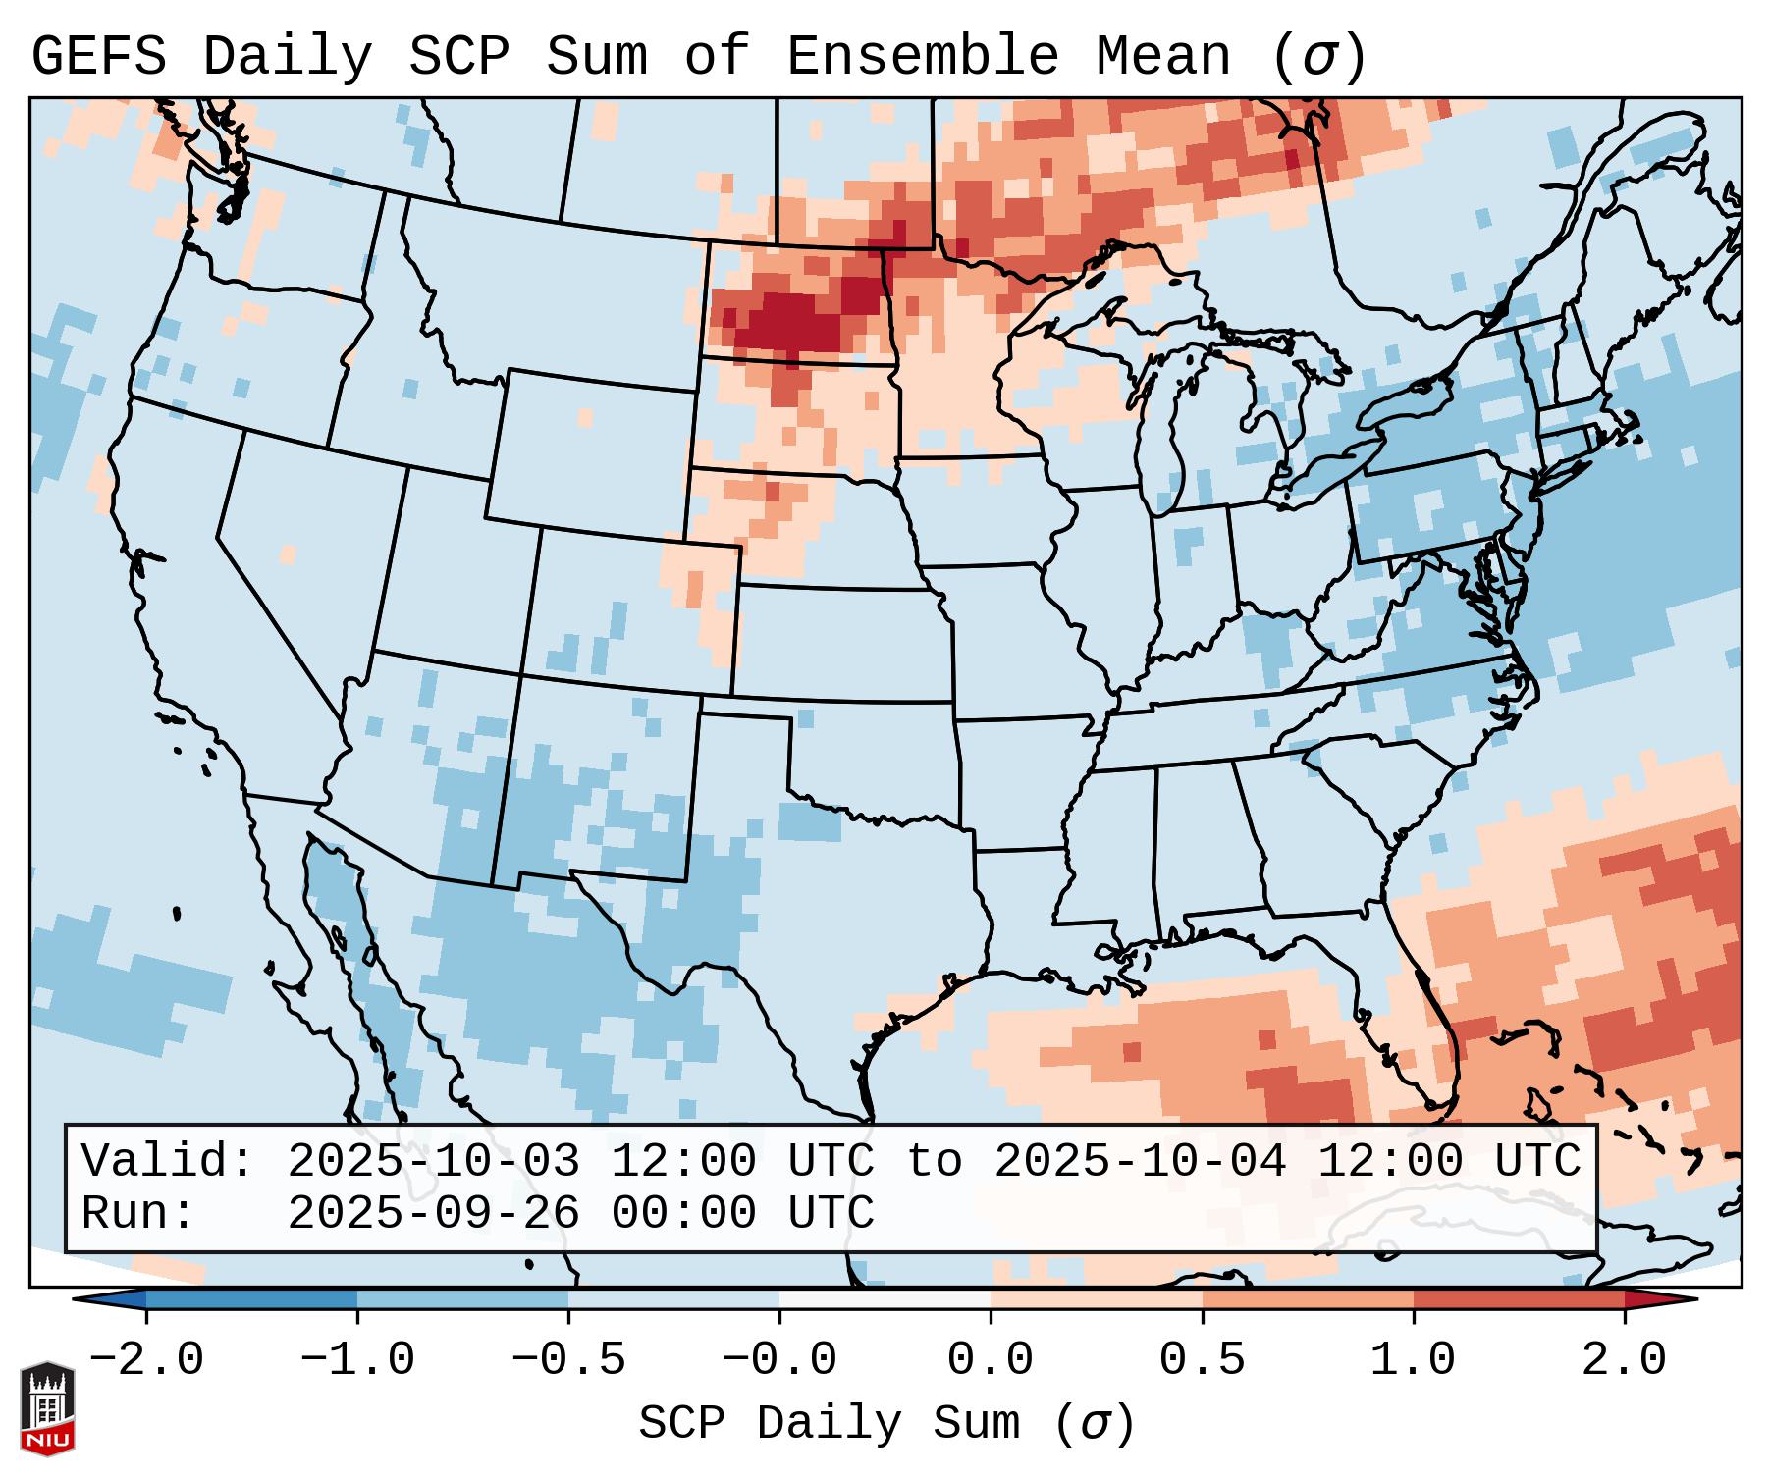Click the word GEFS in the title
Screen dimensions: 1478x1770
(x=98, y=56)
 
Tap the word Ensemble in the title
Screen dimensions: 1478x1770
(x=922, y=56)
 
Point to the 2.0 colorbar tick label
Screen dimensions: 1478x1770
(x=1624, y=1360)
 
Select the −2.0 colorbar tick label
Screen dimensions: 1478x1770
(x=146, y=1360)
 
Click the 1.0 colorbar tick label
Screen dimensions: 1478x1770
(x=1413, y=1360)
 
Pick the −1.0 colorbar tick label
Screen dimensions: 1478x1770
(x=357, y=1360)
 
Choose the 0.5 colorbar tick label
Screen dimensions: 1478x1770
(x=1202, y=1360)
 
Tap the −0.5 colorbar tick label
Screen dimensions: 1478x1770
(x=568, y=1360)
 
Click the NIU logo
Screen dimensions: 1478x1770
(x=47, y=1407)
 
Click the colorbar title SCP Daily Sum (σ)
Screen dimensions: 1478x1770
(x=885, y=1424)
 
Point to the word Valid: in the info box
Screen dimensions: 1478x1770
(x=168, y=1162)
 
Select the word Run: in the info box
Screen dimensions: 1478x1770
(x=138, y=1213)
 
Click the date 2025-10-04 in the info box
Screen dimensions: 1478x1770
(x=1140, y=1162)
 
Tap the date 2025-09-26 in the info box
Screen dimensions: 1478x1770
(x=433, y=1213)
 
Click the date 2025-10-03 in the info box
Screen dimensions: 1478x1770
(x=433, y=1162)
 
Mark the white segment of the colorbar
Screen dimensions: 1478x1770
(x=885, y=1299)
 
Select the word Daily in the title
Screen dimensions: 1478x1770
(x=288, y=56)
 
